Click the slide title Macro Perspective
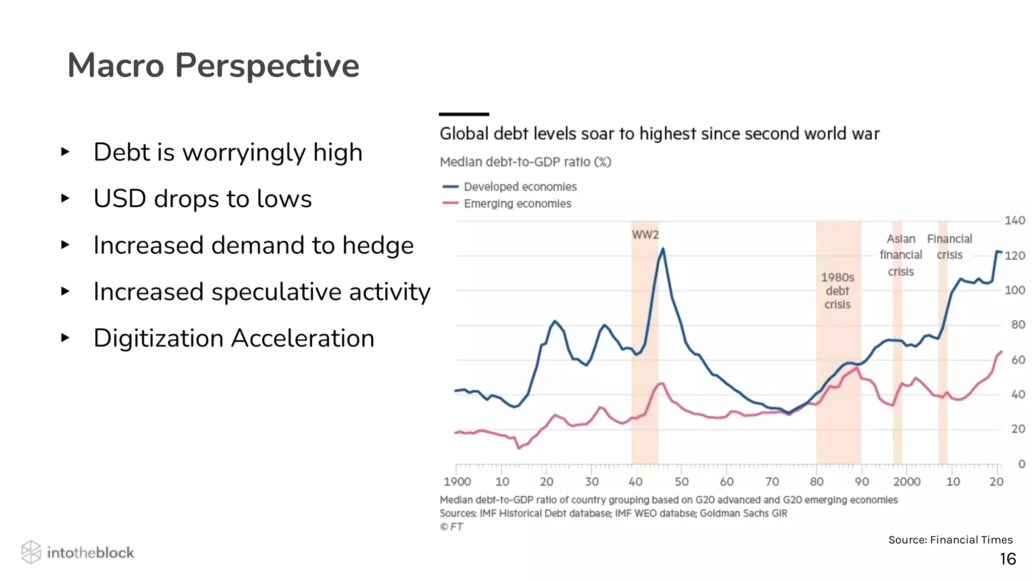pos(213,66)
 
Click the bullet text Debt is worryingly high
pos(227,152)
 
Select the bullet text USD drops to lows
pos(202,199)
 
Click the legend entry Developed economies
pos(520,187)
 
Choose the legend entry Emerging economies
pos(517,204)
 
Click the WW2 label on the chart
pos(645,235)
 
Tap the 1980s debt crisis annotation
pos(837,291)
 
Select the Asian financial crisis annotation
pos(901,255)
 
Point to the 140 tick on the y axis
pos(1014,221)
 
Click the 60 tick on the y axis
pos(1018,360)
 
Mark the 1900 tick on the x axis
pos(457,482)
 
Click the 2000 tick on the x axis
pos(906,482)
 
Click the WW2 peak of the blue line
pos(663,249)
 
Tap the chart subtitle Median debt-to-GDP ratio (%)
pos(525,162)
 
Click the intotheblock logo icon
pos(31,552)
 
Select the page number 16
pos(1007,559)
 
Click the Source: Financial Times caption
pos(950,540)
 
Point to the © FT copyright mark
pos(451,527)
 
